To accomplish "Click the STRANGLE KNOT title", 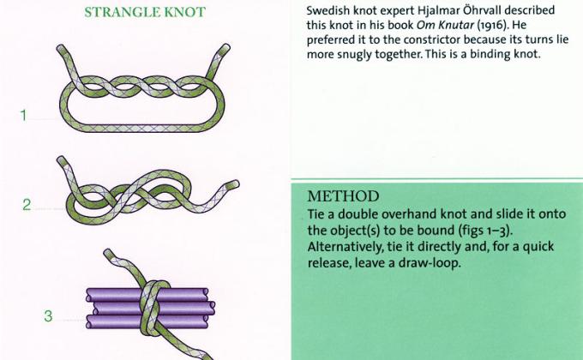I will coord(145,13).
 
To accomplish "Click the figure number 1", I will coord(25,116).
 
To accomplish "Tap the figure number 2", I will coord(27,205).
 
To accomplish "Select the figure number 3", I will coord(48,316).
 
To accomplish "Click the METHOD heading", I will coord(343,195).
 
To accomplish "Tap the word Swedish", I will coord(330,10).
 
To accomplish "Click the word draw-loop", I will coord(434,263).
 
